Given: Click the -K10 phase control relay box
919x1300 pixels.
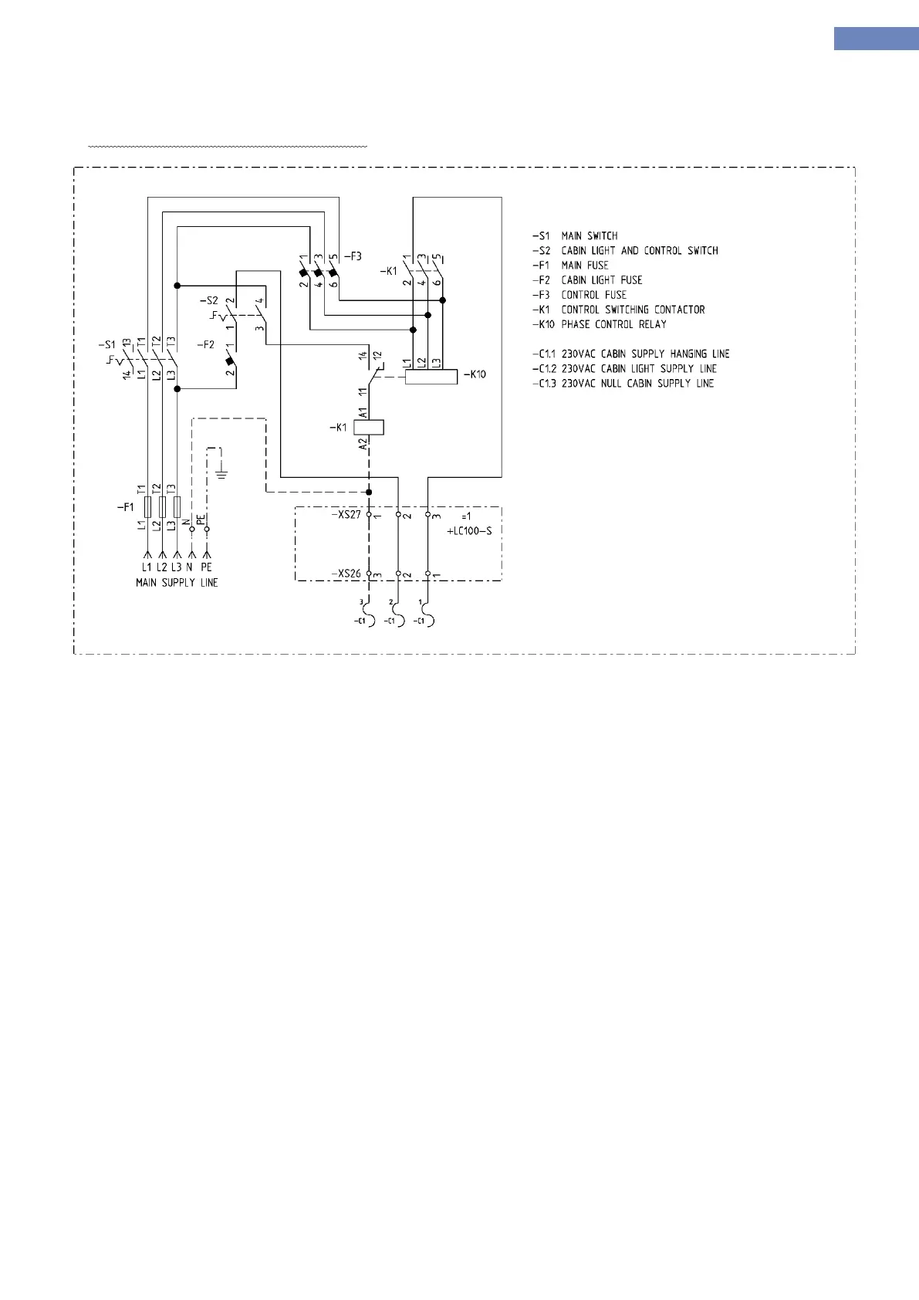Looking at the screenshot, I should click(x=431, y=376).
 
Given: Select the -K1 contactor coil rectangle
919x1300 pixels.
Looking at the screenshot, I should click(x=369, y=427).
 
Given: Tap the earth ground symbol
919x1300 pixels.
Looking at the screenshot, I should click(x=221, y=472).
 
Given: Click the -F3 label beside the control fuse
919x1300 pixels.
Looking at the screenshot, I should click(x=353, y=256).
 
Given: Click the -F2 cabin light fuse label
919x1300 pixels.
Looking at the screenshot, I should click(x=205, y=344).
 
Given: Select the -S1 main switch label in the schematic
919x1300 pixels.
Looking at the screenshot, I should click(x=107, y=344).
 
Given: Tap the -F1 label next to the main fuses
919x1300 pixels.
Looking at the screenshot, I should click(x=125, y=507).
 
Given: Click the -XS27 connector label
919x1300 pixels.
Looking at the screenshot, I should click(x=346, y=514).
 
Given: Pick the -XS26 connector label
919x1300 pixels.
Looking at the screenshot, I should click(x=346, y=574).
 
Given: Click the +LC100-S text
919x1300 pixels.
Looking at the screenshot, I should click(x=469, y=531).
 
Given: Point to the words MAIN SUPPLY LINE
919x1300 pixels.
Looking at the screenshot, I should click(x=177, y=583).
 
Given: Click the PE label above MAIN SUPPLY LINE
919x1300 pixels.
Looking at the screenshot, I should click(x=206, y=567).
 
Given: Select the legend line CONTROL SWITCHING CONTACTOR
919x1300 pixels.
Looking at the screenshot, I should click(x=633, y=310).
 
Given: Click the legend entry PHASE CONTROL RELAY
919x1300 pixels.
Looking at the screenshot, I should click(x=613, y=324).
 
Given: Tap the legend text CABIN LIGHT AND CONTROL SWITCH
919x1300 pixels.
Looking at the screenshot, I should click(x=640, y=251).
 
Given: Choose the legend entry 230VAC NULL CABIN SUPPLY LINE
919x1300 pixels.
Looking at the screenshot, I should click(x=637, y=384).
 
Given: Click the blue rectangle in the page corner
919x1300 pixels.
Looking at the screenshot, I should click(x=876, y=39).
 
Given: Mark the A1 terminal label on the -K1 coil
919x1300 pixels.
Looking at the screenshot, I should click(x=363, y=413).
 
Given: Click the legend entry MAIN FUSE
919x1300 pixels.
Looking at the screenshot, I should click(x=585, y=266).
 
